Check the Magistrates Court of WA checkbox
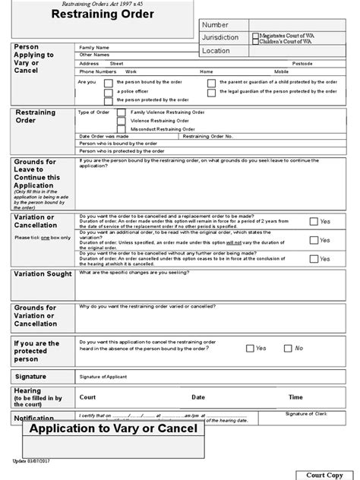pyautogui.click(x=255, y=36)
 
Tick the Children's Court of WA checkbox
pyautogui.click(x=255, y=41)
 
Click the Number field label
pyautogui.click(x=215, y=25)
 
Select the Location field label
pyautogui.click(x=217, y=51)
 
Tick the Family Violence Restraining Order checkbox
pyautogui.click(x=122, y=112)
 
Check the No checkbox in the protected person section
pyautogui.click(x=288, y=348)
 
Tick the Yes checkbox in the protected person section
pyautogui.click(x=250, y=348)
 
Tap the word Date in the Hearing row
pyautogui.click(x=198, y=396)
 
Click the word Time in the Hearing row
pyautogui.click(x=295, y=396)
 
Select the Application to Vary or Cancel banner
pyautogui.click(x=113, y=429)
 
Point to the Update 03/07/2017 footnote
pyautogui.click(x=30, y=460)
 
